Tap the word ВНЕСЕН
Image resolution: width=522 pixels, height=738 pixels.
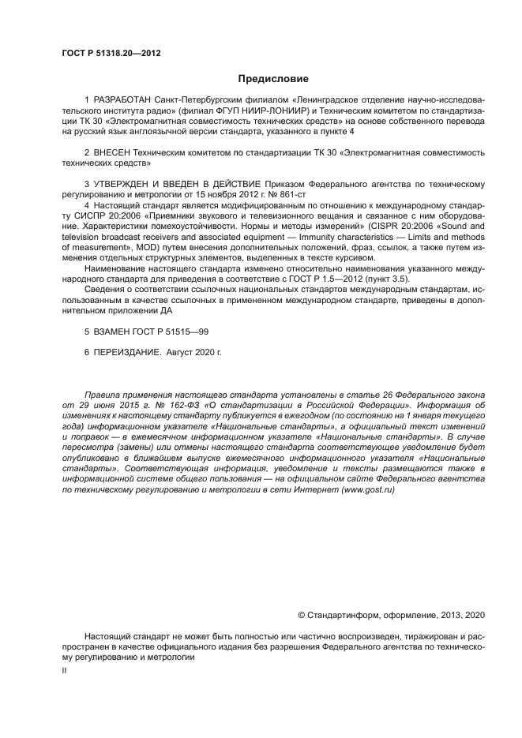point(115,150)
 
